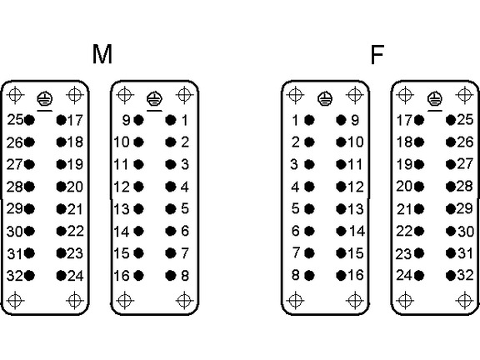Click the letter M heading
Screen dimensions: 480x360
102,54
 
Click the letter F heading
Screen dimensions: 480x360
377,55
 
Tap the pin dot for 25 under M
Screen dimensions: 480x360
29,120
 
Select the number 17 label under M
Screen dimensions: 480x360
75,120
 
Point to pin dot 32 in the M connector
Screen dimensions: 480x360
29,276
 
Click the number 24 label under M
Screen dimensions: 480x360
75,276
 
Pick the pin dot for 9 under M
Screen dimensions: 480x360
138,120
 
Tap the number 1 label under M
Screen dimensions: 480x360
185,120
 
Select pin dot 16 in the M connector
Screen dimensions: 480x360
138,276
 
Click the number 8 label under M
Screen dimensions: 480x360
185,276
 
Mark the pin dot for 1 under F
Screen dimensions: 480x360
309,120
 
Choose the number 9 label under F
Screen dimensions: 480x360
355,120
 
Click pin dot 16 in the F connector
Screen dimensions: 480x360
341,276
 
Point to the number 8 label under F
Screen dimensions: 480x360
295,275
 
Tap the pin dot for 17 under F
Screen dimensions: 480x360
419,120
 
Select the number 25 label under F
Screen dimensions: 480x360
465,120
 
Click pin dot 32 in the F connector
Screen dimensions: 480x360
451,276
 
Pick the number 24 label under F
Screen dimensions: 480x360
404,275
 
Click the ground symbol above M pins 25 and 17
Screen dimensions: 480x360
45,98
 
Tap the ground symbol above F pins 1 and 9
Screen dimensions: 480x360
325,98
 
